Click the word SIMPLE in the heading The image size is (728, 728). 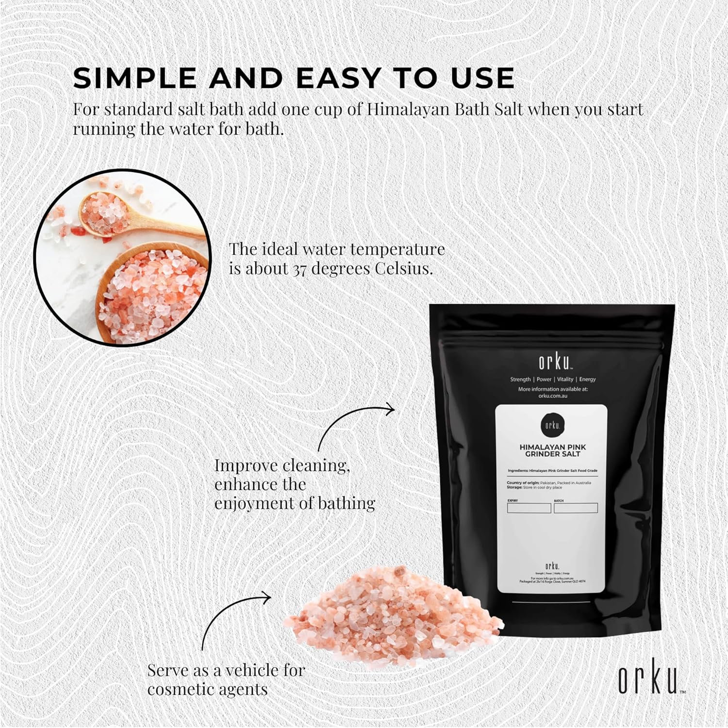pyautogui.click(x=134, y=78)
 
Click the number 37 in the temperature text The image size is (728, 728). pyautogui.click(x=299, y=269)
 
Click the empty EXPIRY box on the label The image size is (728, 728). pyautogui.click(x=529, y=508)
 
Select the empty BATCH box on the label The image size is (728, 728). pyautogui.click(x=576, y=508)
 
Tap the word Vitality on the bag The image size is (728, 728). pyautogui.click(x=565, y=379)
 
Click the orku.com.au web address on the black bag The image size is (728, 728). pyautogui.click(x=552, y=396)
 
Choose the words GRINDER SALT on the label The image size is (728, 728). pyautogui.click(x=552, y=454)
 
